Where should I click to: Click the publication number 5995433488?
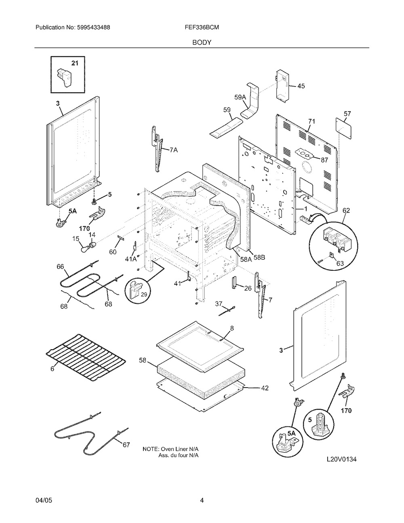coord(94,28)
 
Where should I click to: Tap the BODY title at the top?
coord(202,42)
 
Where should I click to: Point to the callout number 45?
coord(301,86)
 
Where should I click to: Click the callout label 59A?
coord(240,97)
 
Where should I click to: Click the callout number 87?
coord(324,159)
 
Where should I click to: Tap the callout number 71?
coord(311,121)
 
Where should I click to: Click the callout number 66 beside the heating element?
coord(61,266)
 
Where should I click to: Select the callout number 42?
coord(265,388)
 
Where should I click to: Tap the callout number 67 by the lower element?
coord(126,445)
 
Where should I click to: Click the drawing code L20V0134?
coord(342,459)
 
